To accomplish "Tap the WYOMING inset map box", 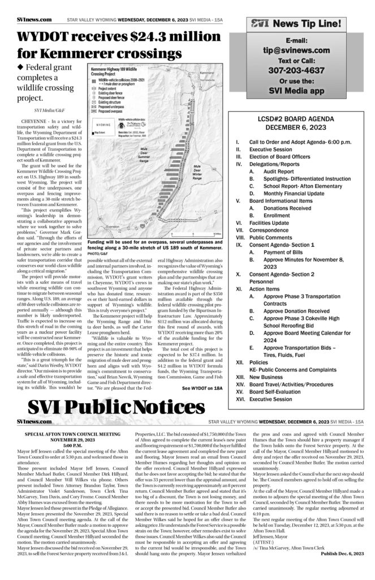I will click(104, 125).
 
